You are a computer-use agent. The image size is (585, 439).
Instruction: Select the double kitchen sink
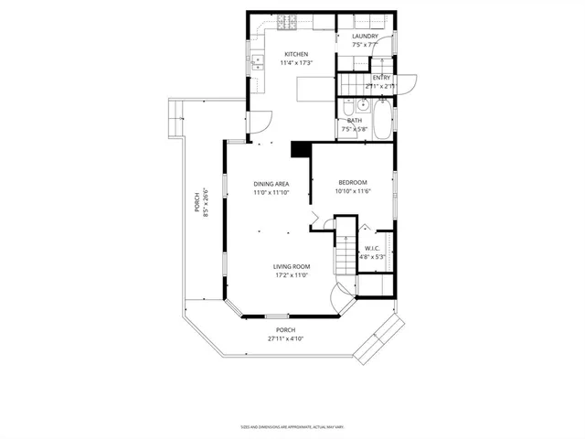256,63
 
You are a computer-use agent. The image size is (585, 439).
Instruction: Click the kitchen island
315,88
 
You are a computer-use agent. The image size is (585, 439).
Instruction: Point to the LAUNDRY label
365,37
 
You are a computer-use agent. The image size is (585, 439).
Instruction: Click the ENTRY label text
381,78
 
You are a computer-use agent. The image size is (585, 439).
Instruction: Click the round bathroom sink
362,105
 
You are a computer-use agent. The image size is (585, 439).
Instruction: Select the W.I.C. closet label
372,248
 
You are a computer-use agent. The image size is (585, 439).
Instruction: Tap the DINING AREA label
271,184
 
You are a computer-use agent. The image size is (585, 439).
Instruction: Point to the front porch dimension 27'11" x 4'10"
285,338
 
